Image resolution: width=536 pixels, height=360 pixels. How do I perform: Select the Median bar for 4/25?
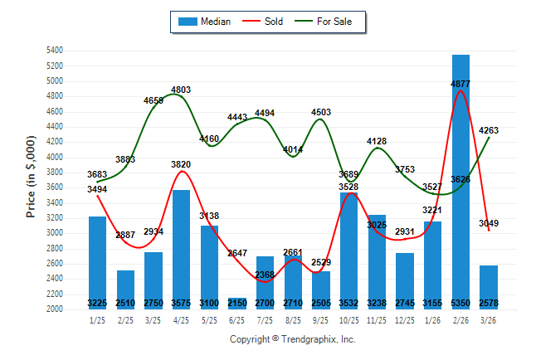pyautogui.click(x=182, y=249)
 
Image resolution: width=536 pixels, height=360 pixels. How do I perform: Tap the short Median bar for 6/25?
pyautogui.click(x=237, y=304)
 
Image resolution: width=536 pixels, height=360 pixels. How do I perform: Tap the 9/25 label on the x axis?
pyautogui.click(x=321, y=320)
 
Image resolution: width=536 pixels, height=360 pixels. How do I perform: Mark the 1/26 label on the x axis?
pyautogui.click(x=433, y=320)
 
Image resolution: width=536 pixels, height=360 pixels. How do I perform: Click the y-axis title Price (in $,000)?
pyautogui.click(x=31, y=179)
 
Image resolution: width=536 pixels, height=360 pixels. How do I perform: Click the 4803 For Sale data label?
pyautogui.click(x=182, y=90)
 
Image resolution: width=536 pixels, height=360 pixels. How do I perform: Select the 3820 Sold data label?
pyautogui.click(x=182, y=164)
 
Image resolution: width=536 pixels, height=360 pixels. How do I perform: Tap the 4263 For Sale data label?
pyautogui.click(x=489, y=130)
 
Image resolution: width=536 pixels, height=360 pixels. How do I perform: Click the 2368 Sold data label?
pyautogui.click(x=266, y=275)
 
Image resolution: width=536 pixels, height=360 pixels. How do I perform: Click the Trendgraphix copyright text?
pyautogui.click(x=292, y=339)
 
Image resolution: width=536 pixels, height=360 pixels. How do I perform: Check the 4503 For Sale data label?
pyautogui.click(x=321, y=112)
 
